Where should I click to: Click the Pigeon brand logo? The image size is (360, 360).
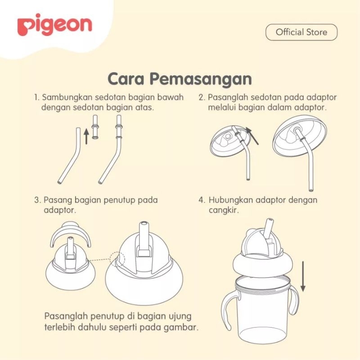(x=54, y=25)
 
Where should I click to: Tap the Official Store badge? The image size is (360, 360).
(x=301, y=32)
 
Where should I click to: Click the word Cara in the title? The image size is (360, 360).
(x=126, y=79)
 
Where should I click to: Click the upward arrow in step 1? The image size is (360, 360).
(x=86, y=136)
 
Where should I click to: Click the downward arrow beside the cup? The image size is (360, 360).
(x=303, y=276)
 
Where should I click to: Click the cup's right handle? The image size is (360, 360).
(x=295, y=301)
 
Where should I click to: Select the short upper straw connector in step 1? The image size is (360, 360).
(x=95, y=127)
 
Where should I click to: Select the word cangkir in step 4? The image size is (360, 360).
(x=224, y=211)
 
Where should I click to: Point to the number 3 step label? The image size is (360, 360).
(x=37, y=200)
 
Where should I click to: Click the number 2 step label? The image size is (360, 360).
(x=202, y=97)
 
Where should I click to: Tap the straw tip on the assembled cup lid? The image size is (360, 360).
(x=269, y=221)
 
